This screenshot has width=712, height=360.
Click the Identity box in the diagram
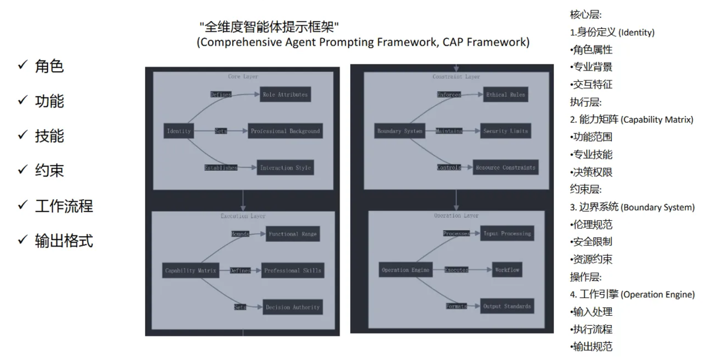[179, 131]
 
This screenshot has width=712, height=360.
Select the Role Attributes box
[285, 95]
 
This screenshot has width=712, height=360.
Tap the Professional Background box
[285, 131]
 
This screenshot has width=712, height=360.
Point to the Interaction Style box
[285, 167]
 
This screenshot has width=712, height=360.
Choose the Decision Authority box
[292, 307]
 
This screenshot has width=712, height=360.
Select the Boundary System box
[399, 131]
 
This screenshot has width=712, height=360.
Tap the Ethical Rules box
[506, 95]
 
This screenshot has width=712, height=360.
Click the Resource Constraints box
[505, 167]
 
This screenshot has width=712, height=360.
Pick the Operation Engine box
[405, 270]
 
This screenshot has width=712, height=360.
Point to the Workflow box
[507, 270]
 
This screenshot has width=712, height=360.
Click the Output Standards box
[506, 306]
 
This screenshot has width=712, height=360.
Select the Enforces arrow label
[449, 95]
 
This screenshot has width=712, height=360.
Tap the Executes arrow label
[456, 270]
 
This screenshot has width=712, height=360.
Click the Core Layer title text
[243, 76]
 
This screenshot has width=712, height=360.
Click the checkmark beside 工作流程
[22, 205]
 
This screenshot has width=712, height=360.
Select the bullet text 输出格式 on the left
[64, 241]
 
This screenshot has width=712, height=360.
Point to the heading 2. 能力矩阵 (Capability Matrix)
[632, 119]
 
